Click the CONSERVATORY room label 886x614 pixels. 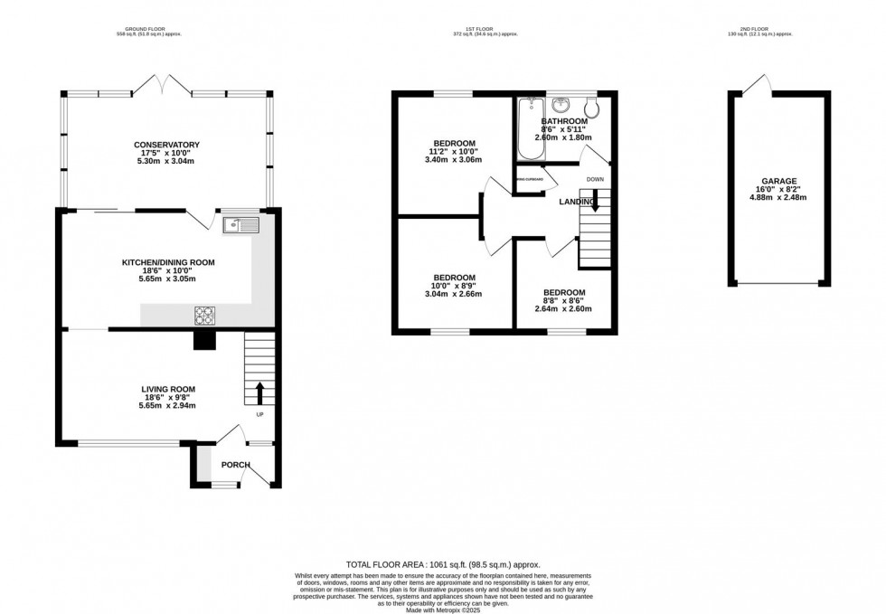[166, 145]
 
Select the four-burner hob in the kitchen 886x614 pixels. [205, 316]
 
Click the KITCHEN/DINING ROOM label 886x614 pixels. [168, 263]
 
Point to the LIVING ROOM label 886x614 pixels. [167, 389]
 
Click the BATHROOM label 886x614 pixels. [564, 121]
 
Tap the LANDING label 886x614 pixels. [575, 201]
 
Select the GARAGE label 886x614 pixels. [779, 181]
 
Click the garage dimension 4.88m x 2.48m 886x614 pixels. [779, 198]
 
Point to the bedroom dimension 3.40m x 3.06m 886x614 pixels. [454, 160]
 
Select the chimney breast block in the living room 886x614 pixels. [206, 339]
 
